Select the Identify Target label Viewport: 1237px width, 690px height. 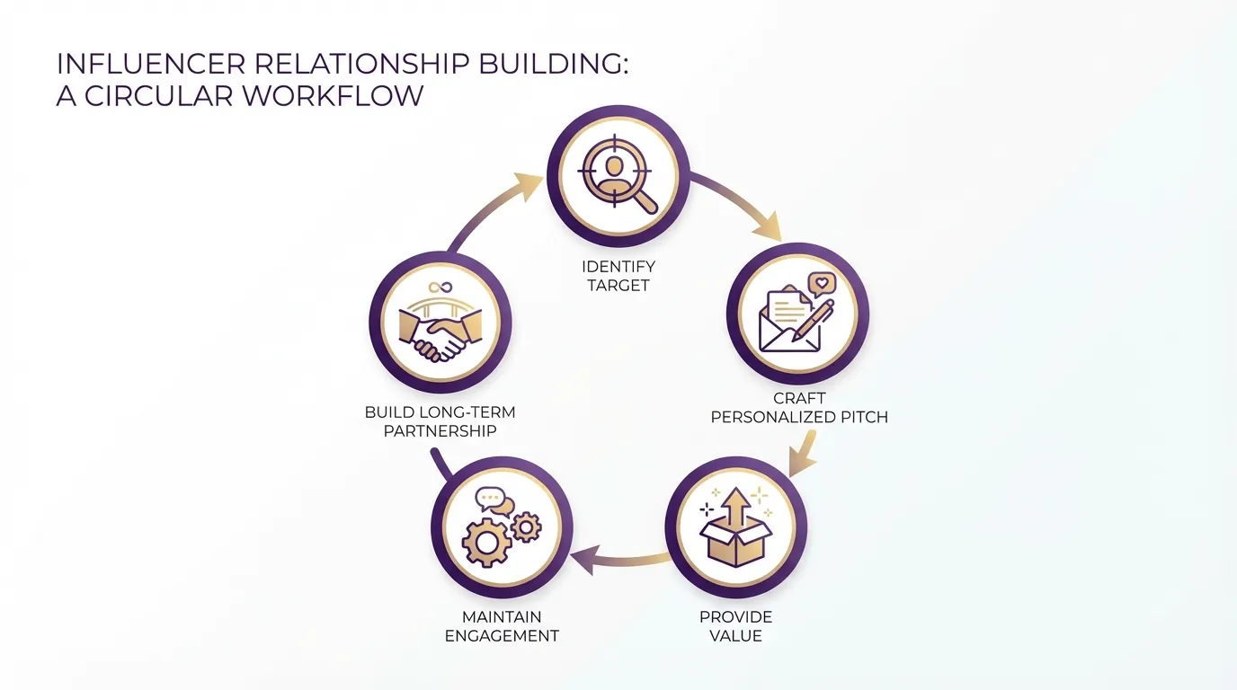pos(618,276)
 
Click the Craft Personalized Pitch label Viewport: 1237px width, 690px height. pos(799,407)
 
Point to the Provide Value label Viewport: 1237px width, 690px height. pos(735,626)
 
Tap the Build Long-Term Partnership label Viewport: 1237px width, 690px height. pos(441,421)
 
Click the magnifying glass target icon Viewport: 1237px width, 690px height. pos(618,176)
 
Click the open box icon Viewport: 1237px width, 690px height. pos(735,540)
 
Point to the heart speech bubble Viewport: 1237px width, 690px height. pos(821,284)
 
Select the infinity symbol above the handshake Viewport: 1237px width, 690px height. pos(440,287)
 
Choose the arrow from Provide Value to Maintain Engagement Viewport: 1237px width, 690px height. pos(620,562)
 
